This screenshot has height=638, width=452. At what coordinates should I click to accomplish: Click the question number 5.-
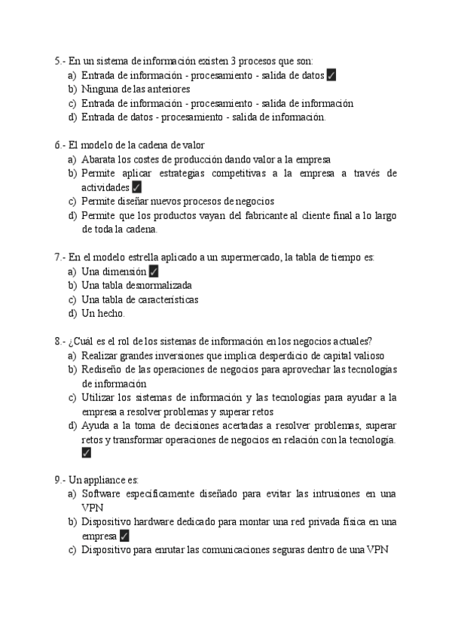tap(60, 61)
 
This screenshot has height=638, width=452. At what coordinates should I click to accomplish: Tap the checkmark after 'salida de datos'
tap(332, 75)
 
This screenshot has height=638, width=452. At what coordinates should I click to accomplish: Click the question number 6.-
tap(60, 145)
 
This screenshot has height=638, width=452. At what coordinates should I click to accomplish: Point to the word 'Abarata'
tap(99, 159)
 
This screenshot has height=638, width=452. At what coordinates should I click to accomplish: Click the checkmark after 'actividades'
tap(136, 187)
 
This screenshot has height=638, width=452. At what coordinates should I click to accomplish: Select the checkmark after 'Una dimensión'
tap(153, 272)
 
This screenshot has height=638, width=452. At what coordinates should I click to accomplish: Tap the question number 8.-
tap(60, 341)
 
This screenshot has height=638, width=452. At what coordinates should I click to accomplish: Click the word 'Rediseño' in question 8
tap(102, 369)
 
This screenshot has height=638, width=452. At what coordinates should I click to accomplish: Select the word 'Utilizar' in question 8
tap(98, 397)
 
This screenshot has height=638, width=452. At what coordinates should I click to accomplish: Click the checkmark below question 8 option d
tap(86, 453)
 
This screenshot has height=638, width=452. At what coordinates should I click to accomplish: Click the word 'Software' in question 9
tap(102, 494)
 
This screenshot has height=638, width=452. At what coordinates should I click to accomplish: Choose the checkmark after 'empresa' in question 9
tap(124, 536)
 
